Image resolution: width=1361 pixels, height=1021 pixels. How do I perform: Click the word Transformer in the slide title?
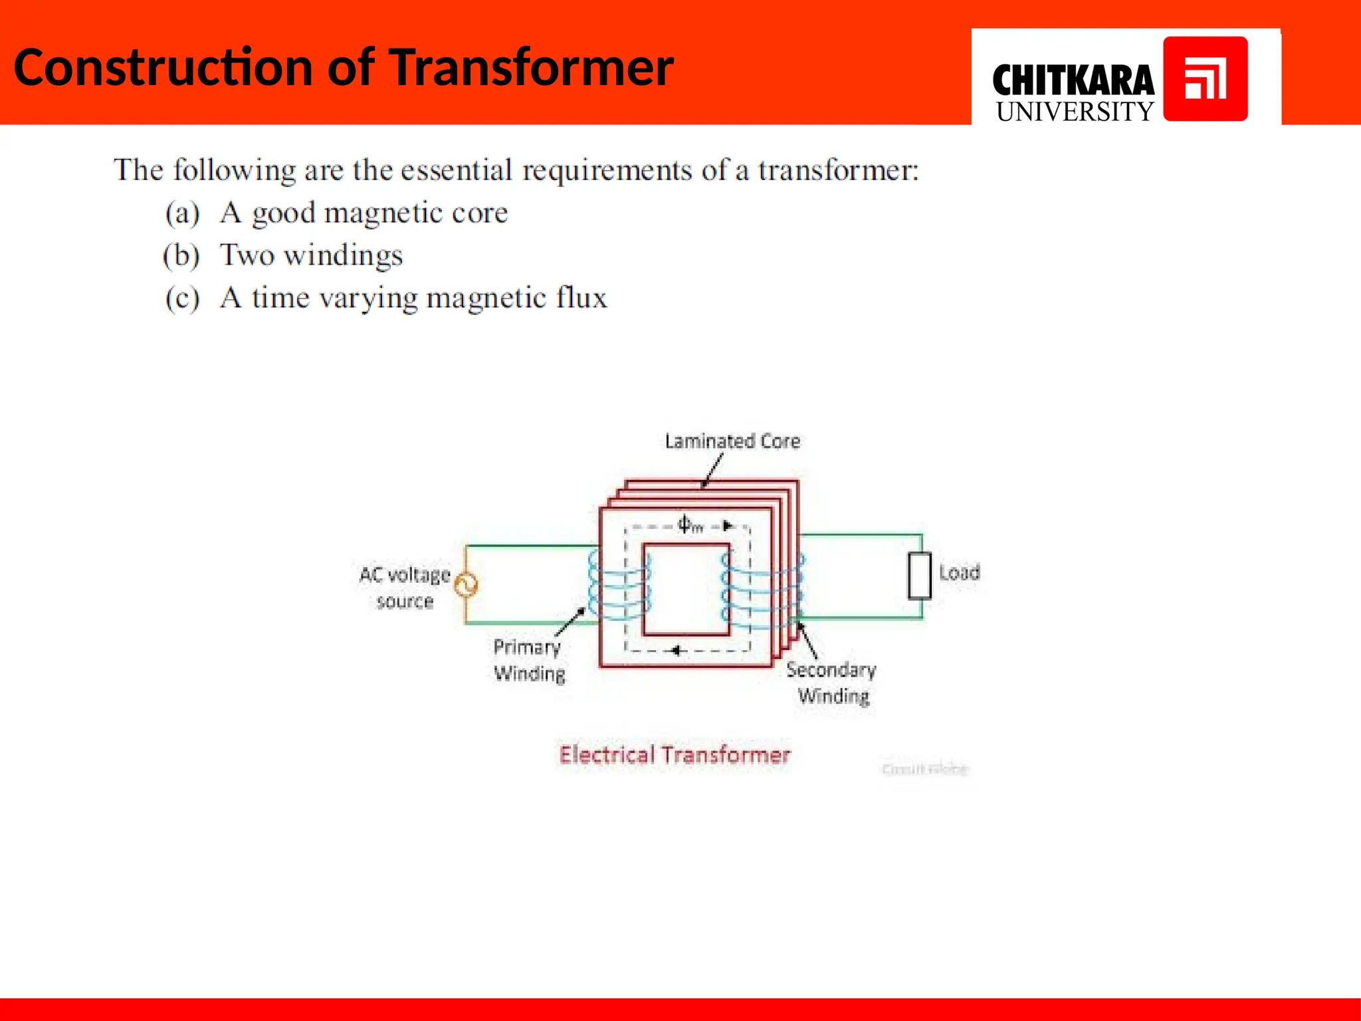pyautogui.click(x=531, y=68)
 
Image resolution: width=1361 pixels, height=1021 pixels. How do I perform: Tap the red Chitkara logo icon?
pyautogui.click(x=1205, y=79)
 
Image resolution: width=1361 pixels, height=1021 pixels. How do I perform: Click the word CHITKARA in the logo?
pyautogui.click(x=1073, y=81)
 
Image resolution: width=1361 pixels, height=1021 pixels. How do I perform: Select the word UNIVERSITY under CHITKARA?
pyautogui.click(x=1075, y=112)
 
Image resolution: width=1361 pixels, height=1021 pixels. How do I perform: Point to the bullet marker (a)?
pyautogui.click(x=182, y=213)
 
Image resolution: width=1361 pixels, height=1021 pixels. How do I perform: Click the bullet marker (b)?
pyautogui.click(x=181, y=256)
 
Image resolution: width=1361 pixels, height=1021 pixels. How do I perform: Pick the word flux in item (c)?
pyautogui.click(x=581, y=298)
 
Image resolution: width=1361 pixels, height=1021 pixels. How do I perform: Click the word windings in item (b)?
pyautogui.click(x=344, y=256)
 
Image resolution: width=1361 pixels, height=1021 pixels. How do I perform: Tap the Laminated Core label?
pyautogui.click(x=732, y=441)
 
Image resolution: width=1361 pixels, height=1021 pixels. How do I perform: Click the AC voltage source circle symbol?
pyautogui.click(x=467, y=585)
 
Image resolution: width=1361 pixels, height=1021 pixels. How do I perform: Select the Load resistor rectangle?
pyautogui.click(x=920, y=576)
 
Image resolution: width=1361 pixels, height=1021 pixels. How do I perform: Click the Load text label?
pyautogui.click(x=959, y=572)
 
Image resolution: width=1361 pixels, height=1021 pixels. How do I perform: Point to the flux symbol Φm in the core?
pyautogui.click(x=689, y=525)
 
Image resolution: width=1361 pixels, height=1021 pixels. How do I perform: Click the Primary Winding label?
pyautogui.click(x=529, y=660)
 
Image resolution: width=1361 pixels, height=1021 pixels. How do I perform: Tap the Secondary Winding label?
pyautogui.click(x=832, y=683)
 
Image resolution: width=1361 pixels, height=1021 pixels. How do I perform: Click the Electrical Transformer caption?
pyautogui.click(x=675, y=755)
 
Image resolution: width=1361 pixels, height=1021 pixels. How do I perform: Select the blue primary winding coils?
pyautogui.click(x=618, y=585)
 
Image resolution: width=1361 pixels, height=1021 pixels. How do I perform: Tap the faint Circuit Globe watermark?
pyautogui.click(x=924, y=769)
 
